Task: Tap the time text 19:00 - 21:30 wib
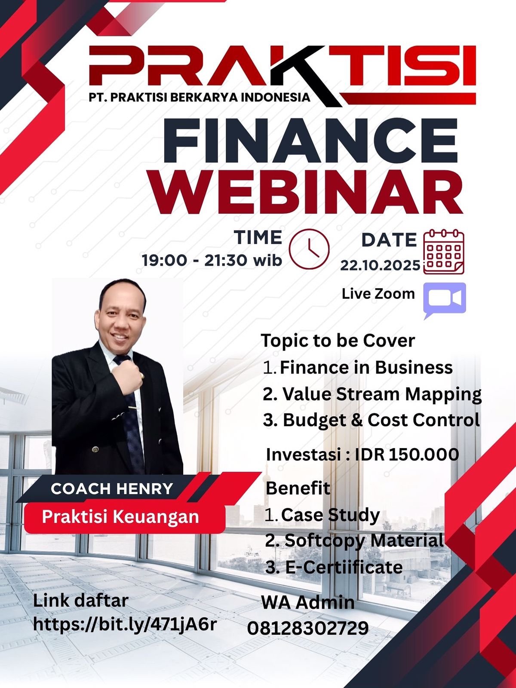pyautogui.click(x=212, y=260)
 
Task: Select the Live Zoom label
pyautogui.click(x=378, y=294)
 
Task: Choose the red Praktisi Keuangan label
pyautogui.click(x=125, y=517)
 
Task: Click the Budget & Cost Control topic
pyautogui.click(x=372, y=420)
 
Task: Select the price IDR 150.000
pyautogui.click(x=407, y=455)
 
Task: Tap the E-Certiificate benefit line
pyautogui.click(x=334, y=567)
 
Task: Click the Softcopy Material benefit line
pyautogui.click(x=355, y=541)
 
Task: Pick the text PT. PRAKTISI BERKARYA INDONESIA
pyautogui.click(x=200, y=97)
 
